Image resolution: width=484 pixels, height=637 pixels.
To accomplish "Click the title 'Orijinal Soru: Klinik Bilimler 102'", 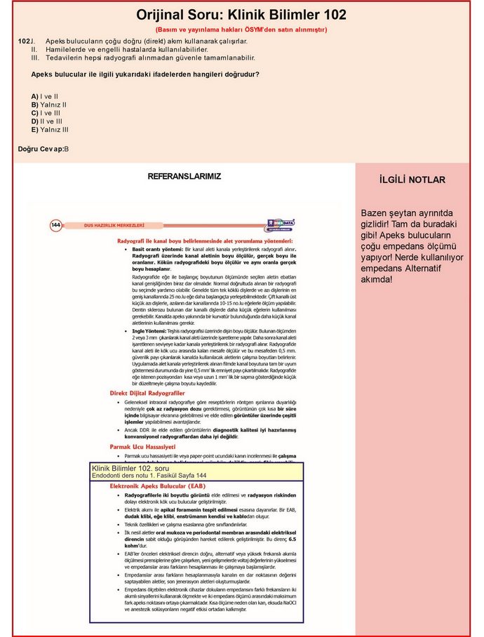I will click(241, 15).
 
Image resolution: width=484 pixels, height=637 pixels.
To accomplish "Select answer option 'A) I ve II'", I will click(44, 96).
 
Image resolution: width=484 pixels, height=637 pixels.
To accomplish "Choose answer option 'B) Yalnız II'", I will click(48, 105).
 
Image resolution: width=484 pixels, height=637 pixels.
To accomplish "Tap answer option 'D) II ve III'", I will click(46, 121).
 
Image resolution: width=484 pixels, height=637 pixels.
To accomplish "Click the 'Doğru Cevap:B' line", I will click(43, 149).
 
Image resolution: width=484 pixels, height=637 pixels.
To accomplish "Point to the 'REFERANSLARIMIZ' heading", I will click(184, 177).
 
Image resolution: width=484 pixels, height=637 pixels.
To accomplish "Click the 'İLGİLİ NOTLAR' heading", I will click(412, 180).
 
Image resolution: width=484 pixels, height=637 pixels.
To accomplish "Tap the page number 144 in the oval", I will click(55, 225).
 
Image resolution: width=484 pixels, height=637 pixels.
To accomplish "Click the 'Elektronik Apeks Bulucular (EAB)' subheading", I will click(158, 485).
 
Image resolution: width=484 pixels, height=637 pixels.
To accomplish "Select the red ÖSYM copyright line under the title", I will click(241, 30).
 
